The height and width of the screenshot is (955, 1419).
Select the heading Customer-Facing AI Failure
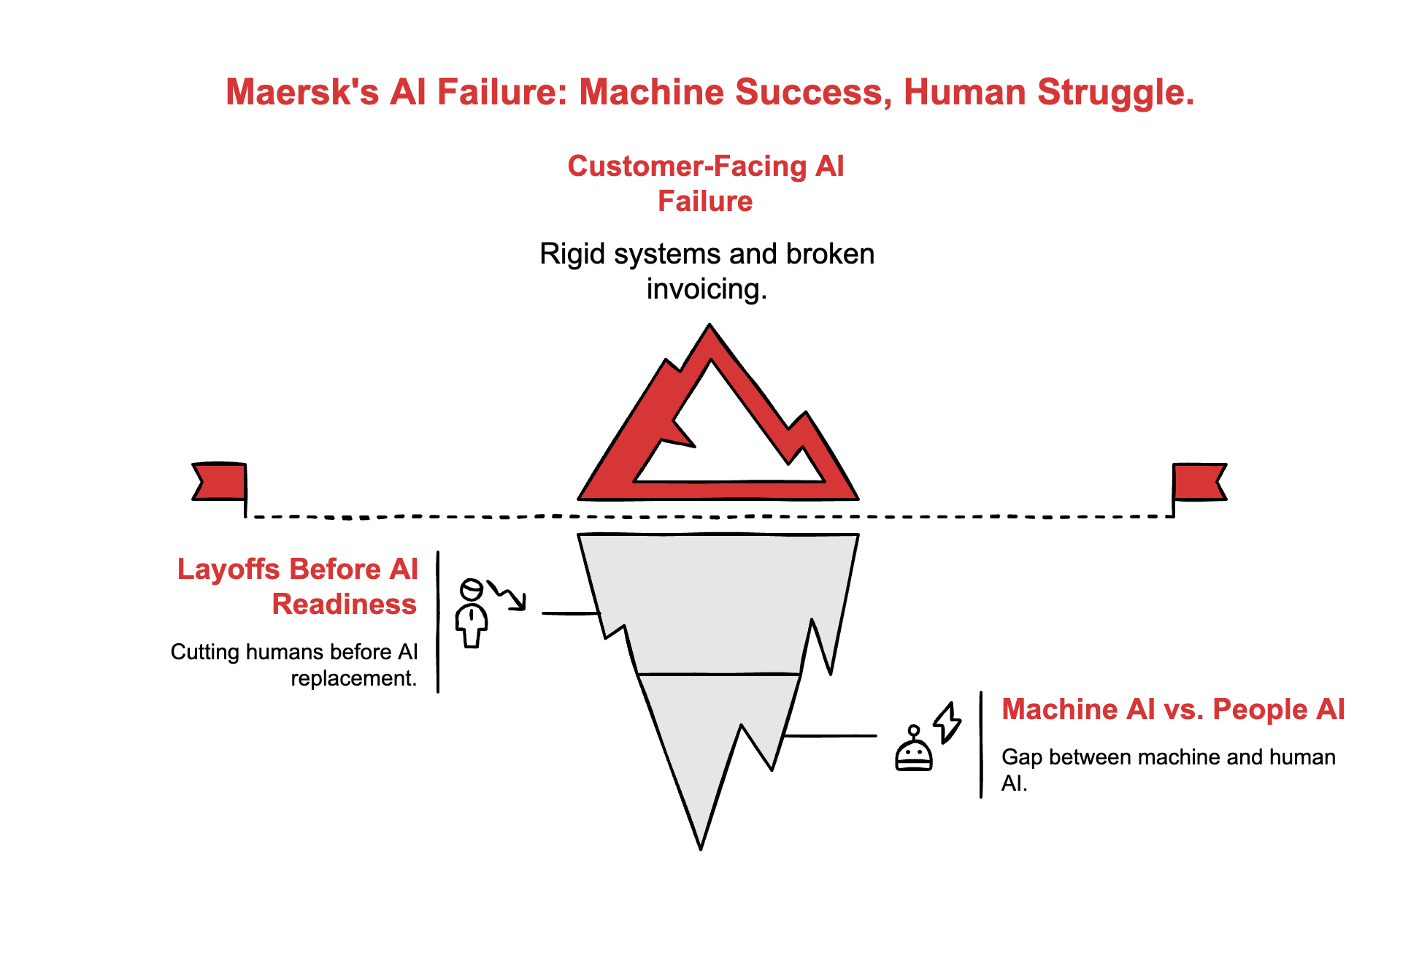(x=705, y=183)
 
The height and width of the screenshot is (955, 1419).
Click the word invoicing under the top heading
(x=706, y=289)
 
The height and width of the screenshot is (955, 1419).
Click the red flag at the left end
(x=220, y=482)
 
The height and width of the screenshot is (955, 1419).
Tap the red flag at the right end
(x=1199, y=482)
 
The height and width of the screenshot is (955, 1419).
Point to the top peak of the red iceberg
(x=709, y=329)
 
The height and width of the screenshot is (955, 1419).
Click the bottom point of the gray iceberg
(x=701, y=845)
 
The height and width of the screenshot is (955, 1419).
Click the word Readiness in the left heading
(x=344, y=605)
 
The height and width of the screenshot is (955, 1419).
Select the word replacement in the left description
(x=353, y=679)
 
